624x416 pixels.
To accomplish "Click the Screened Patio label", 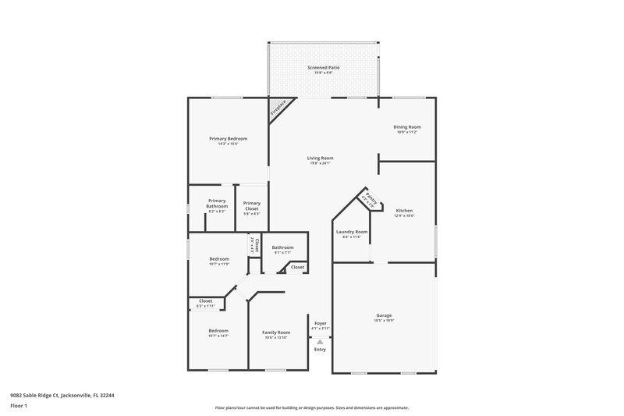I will pyautogui.click(x=323, y=68).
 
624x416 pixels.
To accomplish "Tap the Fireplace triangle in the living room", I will pyautogui.click(x=277, y=107).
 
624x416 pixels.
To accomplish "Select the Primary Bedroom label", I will pyautogui.click(x=228, y=138).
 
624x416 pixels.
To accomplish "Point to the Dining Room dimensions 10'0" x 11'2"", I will pyautogui.click(x=407, y=132).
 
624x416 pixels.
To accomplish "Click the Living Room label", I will pyautogui.click(x=320, y=158).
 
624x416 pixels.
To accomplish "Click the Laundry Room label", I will pyautogui.click(x=351, y=232).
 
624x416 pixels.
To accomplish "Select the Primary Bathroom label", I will pyautogui.click(x=217, y=203).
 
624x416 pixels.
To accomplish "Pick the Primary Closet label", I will pyautogui.click(x=251, y=206).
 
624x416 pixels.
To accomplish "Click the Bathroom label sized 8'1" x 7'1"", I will pyautogui.click(x=282, y=247).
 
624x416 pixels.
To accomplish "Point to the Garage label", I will pyautogui.click(x=384, y=315).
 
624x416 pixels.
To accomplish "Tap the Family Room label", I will pyautogui.click(x=275, y=332).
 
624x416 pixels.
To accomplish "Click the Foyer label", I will pyautogui.click(x=320, y=322).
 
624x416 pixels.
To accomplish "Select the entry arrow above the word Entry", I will pyautogui.click(x=320, y=341).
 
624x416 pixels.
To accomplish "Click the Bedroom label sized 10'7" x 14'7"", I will pyautogui.click(x=218, y=331).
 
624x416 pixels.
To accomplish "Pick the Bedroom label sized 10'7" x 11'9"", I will pyautogui.click(x=219, y=258).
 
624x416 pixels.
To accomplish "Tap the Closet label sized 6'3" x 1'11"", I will pyautogui.click(x=206, y=300).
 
